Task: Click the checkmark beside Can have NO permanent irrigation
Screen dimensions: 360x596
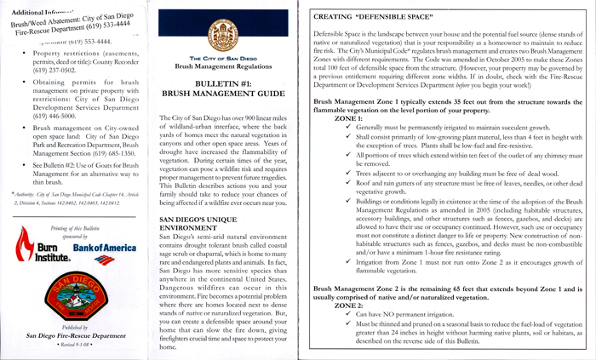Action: coord(349,315)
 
